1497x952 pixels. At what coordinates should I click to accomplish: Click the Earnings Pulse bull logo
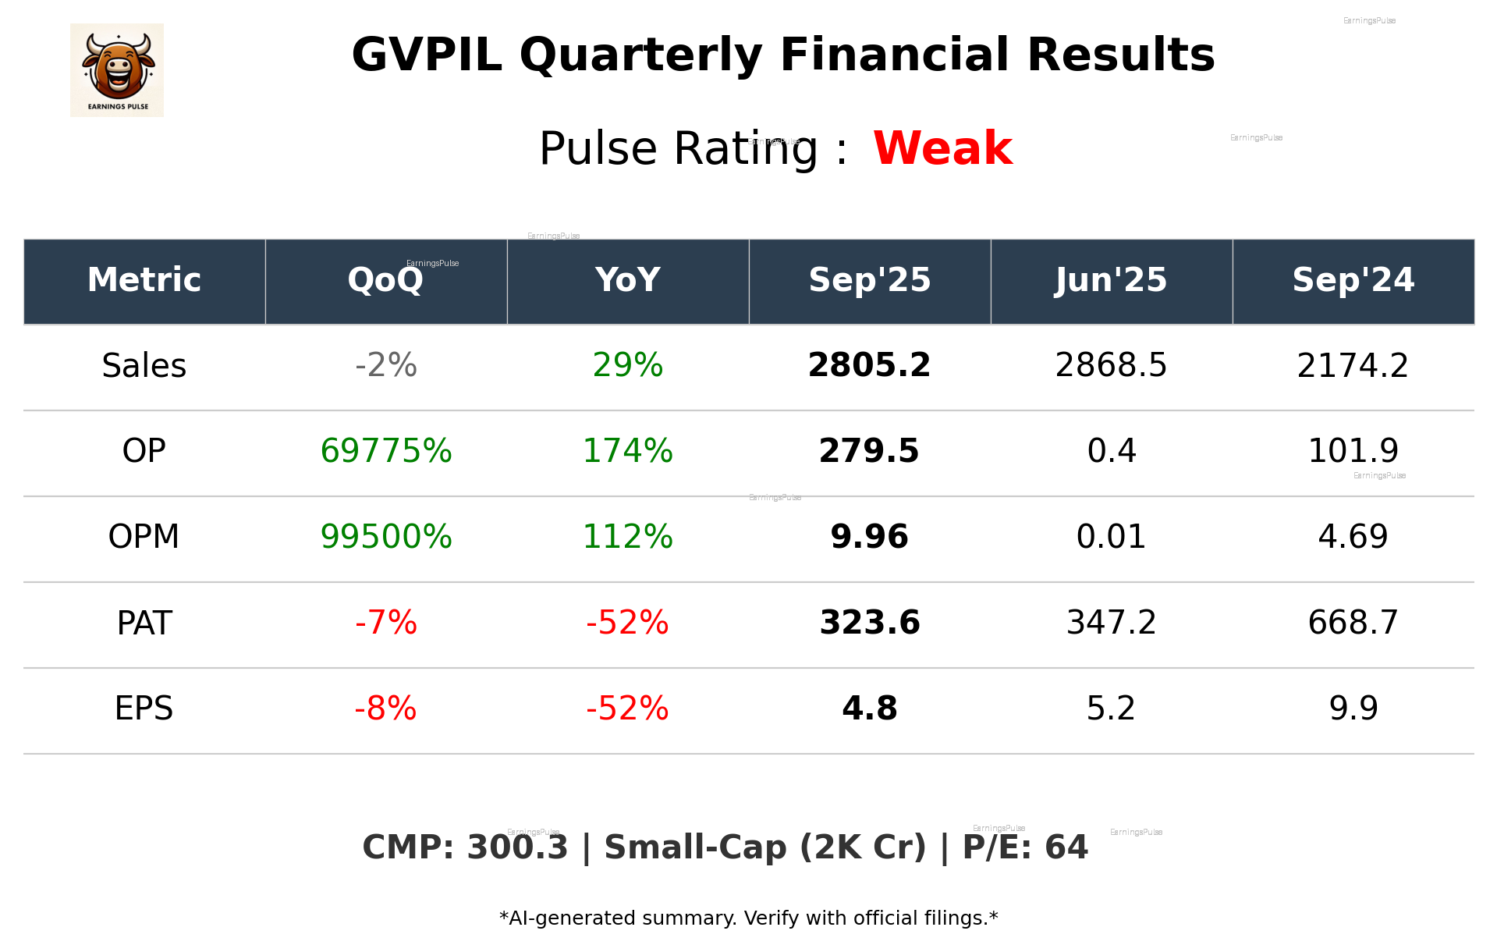pyautogui.click(x=117, y=69)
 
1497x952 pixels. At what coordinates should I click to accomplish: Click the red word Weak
pyautogui.click(x=942, y=148)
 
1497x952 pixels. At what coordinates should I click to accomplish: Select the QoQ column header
pyautogui.click(x=385, y=280)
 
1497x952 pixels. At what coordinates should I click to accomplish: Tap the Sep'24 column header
pyautogui.click(x=1353, y=280)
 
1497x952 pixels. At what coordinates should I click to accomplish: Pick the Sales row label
pyautogui.click(x=144, y=366)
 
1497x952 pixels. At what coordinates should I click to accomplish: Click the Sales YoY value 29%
pyautogui.click(x=627, y=366)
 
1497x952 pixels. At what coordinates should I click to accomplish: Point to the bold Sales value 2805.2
pyautogui.click(x=869, y=366)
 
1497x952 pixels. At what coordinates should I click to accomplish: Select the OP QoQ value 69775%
pyautogui.click(x=385, y=451)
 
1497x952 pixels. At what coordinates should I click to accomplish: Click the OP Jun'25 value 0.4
pyautogui.click(x=1111, y=451)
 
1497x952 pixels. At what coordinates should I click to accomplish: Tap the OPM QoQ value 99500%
pyautogui.click(x=385, y=537)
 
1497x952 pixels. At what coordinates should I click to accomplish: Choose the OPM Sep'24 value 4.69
pyautogui.click(x=1353, y=537)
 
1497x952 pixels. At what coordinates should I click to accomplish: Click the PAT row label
pyautogui.click(x=144, y=623)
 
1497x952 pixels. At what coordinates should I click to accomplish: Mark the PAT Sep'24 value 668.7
pyautogui.click(x=1353, y=623)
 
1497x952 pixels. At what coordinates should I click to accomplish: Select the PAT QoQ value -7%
pyautogui.click(x=385, y=623)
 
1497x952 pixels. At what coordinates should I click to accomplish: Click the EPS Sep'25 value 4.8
pyautogui.click(x=869, y=709)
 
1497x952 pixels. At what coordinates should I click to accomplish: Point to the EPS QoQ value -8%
pyautogui.click(x=385, y=709)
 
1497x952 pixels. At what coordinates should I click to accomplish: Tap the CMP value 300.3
pyautogui.click(x=517, y=848)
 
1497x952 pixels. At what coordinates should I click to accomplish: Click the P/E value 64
pyautogui.click(x=1066, y=848)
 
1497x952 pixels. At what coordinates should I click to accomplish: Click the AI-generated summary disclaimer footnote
pyautogui.click(x=748, y=918)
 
